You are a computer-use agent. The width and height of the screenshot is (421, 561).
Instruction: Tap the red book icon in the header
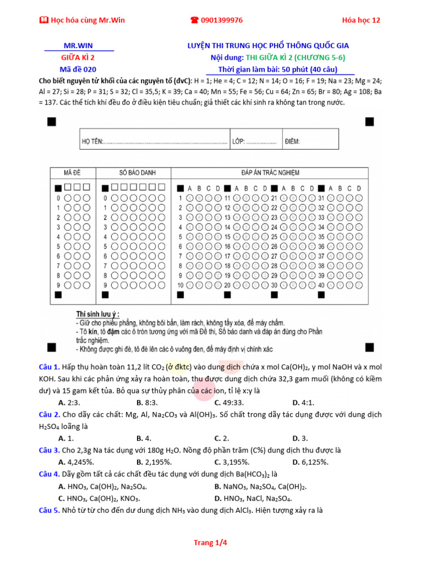[44, 20]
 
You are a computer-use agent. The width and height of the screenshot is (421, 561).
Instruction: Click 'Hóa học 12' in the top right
[361, 20]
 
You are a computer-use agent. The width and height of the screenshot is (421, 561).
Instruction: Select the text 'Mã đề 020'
[78, 69]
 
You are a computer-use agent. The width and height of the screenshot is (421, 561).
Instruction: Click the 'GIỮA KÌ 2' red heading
[78, 58]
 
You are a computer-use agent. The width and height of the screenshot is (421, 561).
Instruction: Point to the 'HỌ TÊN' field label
[92, 141]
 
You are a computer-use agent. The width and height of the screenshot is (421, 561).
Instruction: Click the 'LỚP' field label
[238, 141]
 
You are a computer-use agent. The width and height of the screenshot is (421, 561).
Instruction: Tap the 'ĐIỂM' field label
[292, 141]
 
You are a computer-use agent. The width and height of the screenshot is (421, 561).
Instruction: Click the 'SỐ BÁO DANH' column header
[133, 173]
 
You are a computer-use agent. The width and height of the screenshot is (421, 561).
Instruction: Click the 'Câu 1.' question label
[49, 367]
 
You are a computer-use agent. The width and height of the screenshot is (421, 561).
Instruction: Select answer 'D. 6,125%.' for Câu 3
[310, 462]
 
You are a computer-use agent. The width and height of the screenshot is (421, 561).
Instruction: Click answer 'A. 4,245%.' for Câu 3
[76, 462]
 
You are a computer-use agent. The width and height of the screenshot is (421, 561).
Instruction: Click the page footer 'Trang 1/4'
[210, 543]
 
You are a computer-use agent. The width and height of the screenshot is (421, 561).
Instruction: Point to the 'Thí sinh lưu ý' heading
[98, 314]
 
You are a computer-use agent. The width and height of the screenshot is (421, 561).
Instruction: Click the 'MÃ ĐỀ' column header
[72, 173]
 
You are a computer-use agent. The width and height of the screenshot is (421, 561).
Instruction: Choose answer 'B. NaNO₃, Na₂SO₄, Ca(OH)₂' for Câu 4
[260, 486]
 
